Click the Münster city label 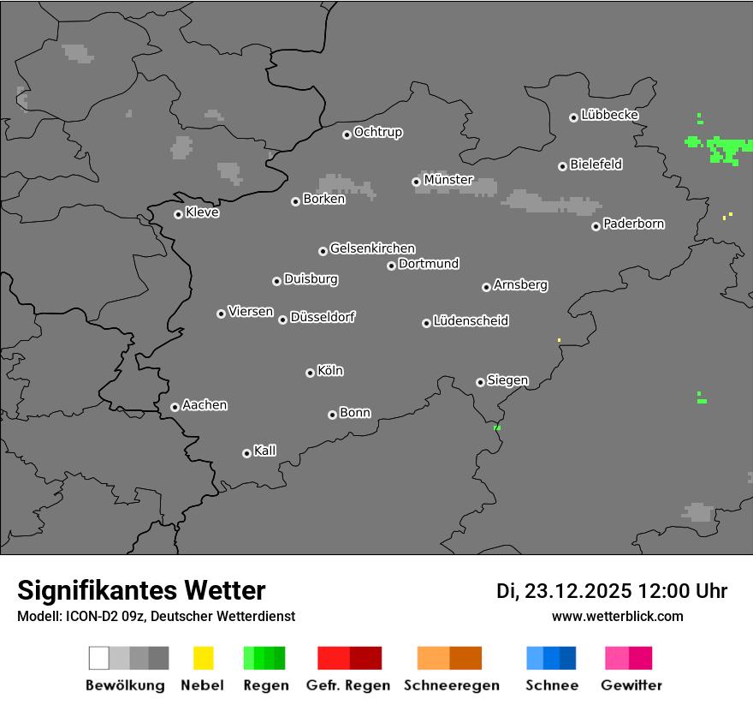point(448,180)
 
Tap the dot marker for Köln point(310,373)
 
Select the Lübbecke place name point(610,115)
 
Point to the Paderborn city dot point(596,226)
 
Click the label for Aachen point(205,405)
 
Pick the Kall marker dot point(246,453)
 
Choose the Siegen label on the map point(507,380)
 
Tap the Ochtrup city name point(378,133)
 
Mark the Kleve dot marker point(178,214)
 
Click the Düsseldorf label point(323,317)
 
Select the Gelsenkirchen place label point(372,248)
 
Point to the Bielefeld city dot point(562,166)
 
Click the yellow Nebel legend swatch point(203,658)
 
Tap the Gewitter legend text point(631,685)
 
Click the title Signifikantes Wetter point(141,590)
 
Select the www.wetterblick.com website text point(618,616)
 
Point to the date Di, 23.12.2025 point(564,591)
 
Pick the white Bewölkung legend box point(99,658)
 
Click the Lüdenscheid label point(471,321)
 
